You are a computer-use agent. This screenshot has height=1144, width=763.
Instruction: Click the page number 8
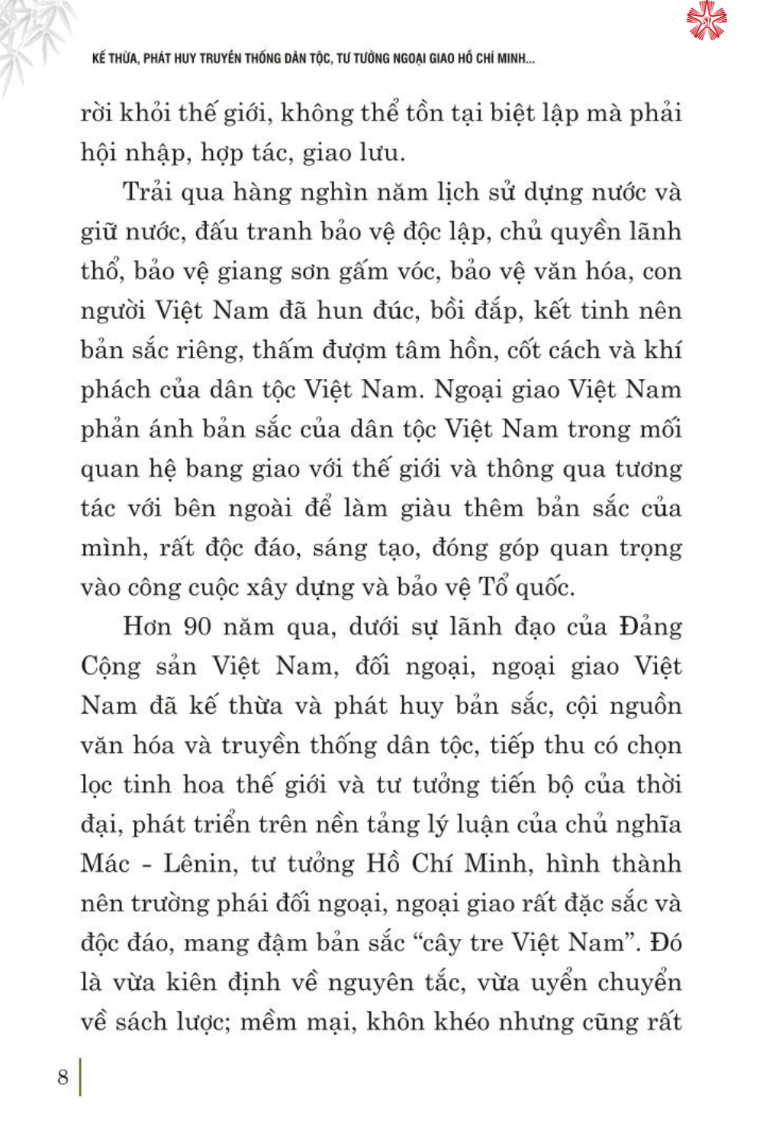63,1077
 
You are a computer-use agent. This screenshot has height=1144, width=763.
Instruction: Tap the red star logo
707,21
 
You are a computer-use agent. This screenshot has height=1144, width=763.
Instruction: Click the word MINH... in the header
516,59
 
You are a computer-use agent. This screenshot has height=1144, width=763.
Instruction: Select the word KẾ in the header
98,59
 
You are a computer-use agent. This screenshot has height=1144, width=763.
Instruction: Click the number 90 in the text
197,626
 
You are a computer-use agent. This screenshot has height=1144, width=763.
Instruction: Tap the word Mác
105,863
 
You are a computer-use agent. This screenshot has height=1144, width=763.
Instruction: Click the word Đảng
650,626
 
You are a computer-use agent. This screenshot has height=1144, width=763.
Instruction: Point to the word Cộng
111,667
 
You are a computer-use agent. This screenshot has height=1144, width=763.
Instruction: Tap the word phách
115,390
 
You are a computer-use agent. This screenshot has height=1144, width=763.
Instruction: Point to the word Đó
665,943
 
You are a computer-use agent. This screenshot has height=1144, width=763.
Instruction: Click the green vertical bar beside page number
80,1076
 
